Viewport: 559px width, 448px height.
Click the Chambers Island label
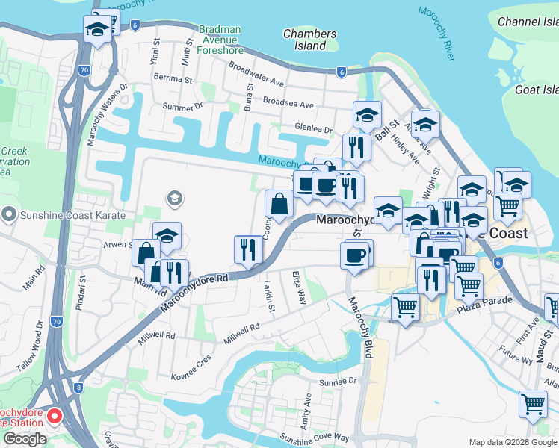309,40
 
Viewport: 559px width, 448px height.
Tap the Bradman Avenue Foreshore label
220,40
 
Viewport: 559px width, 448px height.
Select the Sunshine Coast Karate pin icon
9,214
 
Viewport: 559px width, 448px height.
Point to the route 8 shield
78,388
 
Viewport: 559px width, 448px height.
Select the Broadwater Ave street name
256,73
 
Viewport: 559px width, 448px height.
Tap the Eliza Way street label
298,287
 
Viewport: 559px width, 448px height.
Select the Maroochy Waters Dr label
108,115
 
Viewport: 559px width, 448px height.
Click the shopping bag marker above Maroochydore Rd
279,204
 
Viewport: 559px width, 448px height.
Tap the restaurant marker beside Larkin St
248,249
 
